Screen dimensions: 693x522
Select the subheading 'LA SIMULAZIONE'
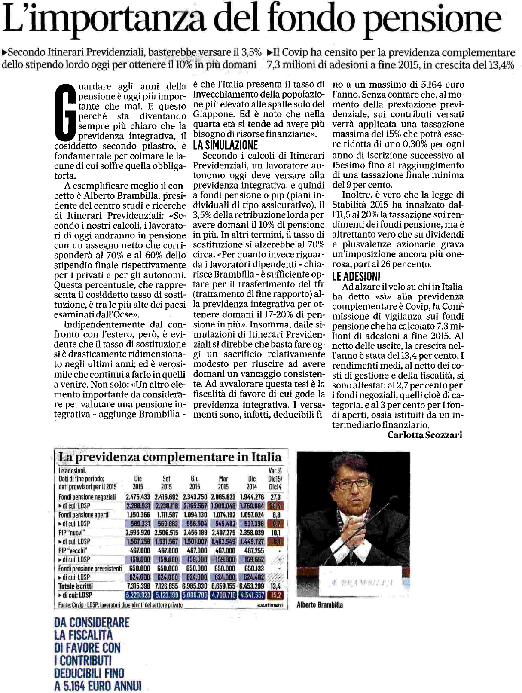coord(225,145)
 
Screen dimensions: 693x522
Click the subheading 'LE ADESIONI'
coord(356,276)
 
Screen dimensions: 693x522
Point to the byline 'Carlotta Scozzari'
coord(424,435)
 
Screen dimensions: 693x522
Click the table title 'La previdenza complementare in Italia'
coord(170,457)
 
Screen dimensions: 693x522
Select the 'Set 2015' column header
coord(166,482)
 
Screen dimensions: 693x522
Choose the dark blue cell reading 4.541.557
coord(251,595)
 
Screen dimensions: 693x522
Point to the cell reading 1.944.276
coord(251,497)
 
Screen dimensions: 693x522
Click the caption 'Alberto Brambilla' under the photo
coord(320,604)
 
